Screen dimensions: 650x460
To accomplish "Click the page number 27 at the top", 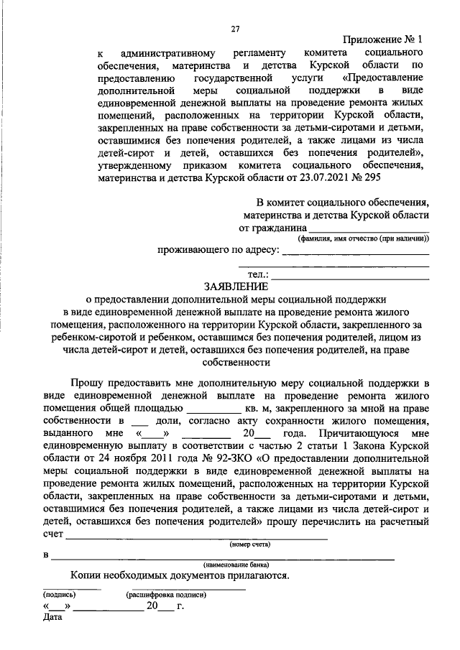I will (x=234, y=29).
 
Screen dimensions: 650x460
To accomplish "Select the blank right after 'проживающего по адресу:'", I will (x=355, y=251).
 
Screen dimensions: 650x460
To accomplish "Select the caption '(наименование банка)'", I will (x=239, y=565).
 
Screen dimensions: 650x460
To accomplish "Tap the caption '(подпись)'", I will (x=60, y=595).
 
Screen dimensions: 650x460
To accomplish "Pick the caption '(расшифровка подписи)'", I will (x=167, y=595).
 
